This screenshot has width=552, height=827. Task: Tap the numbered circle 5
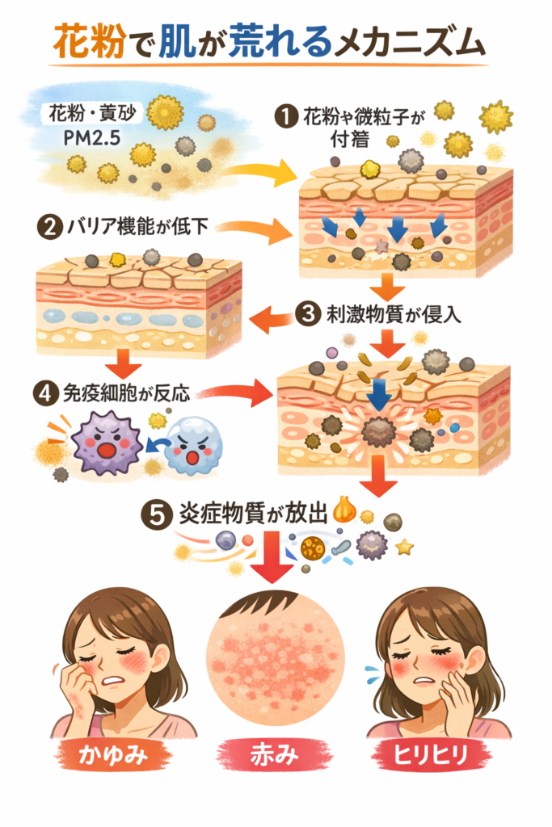pyautogui.click(x=155, y=514)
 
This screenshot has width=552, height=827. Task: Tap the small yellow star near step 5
pyautogui.click(x=403, y=548)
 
